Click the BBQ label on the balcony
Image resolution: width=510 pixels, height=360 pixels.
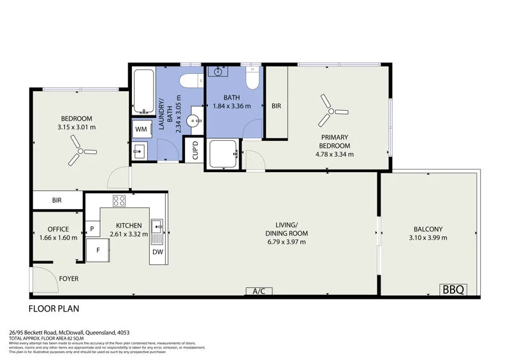coord(454,289)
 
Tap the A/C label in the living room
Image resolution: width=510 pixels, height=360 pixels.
coord(259,291)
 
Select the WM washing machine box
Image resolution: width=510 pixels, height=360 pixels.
coord(140,129)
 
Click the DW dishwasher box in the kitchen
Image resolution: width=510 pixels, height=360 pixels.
coord(157,252)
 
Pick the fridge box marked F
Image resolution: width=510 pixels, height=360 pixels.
coord(98,250)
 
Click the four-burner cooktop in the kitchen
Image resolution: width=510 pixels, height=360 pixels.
coord(119,201)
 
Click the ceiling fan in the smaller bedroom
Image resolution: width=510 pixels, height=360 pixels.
coord(80,151)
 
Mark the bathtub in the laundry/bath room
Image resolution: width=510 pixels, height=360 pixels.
coord(142,92)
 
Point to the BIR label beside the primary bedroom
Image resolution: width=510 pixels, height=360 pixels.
coord(276,106)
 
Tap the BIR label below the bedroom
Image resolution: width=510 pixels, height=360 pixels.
coord(57,200)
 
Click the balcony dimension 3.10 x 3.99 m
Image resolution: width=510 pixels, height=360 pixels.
coord(428,238)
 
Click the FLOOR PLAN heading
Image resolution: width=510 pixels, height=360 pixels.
coord(54,309)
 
